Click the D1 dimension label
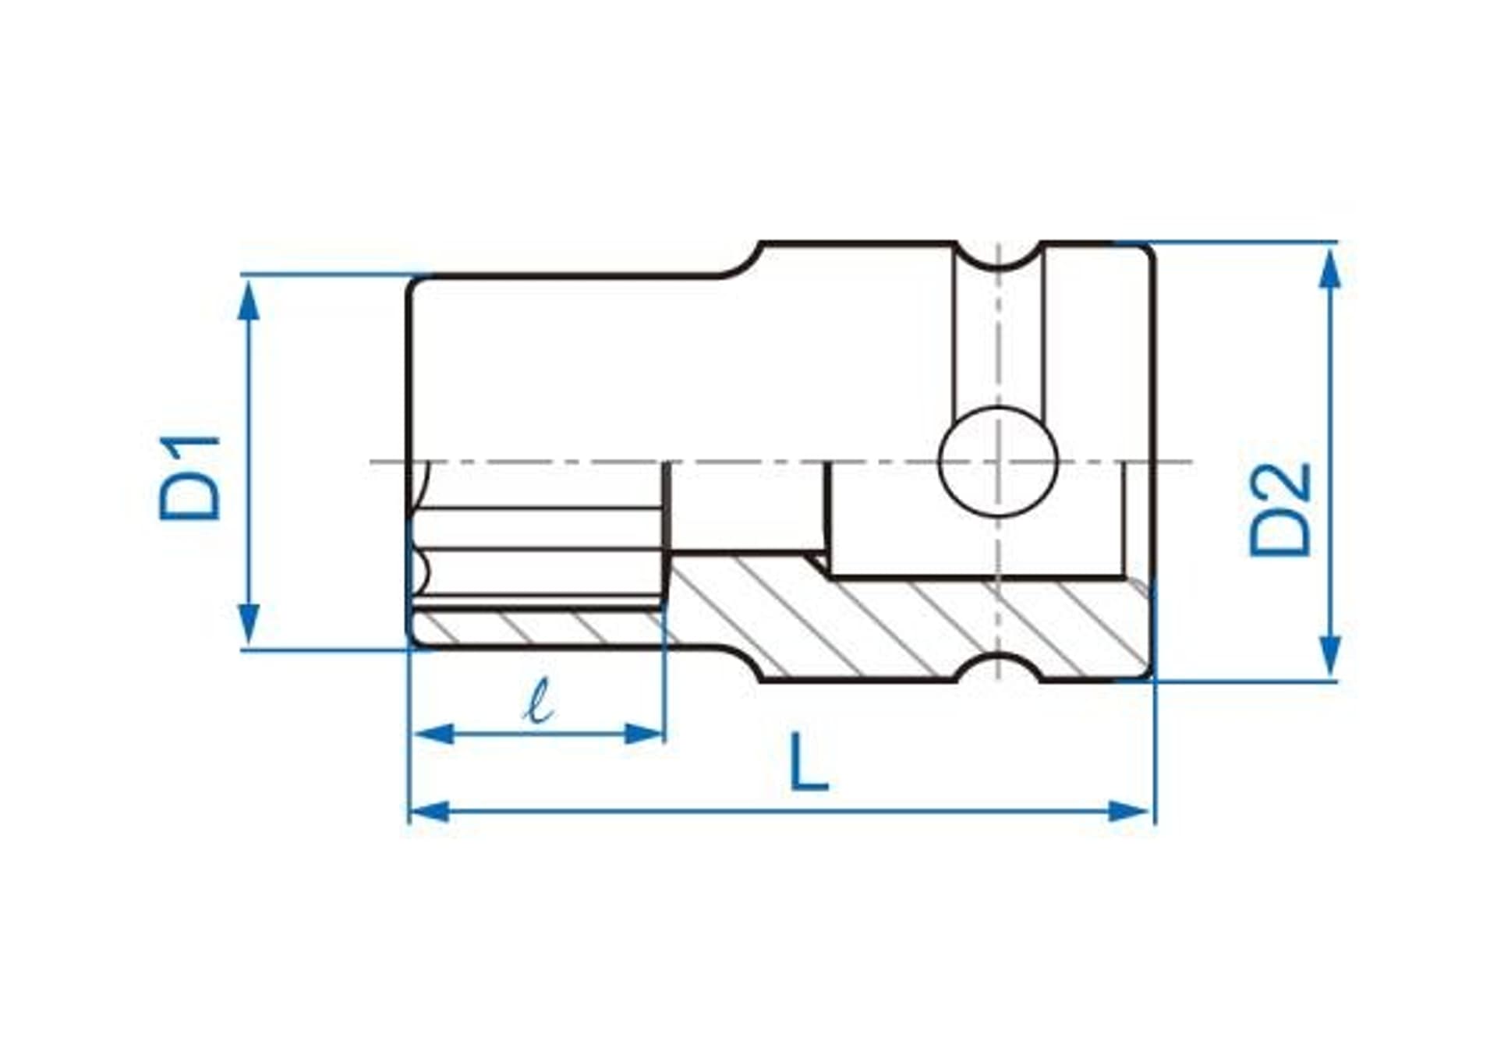190,478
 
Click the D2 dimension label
1280,510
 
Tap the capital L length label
809,762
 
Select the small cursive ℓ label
538,700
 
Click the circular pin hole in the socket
998,462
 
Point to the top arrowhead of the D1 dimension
249,300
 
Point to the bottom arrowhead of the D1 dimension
249,623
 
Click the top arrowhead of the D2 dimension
1329,269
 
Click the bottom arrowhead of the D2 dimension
1329,655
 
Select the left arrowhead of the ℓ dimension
434,734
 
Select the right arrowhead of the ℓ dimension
643,734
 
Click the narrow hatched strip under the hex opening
538,628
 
